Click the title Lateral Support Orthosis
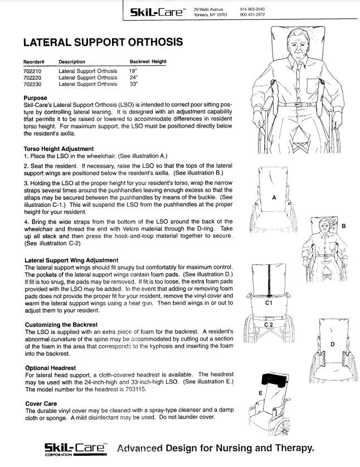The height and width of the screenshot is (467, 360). click(103, 42)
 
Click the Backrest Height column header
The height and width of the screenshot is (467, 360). click(148, 62)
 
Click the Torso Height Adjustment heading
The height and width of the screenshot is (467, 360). click(59, 149)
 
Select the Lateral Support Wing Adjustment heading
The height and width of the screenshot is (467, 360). click(71, 260)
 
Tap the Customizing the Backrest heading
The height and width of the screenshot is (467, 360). click(61, 324)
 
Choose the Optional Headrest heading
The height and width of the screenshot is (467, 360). click(51, 368)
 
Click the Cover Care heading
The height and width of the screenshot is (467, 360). click(41, 403)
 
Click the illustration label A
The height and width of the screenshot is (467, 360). click(274, 198)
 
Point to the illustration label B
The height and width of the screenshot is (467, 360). click(343, 226)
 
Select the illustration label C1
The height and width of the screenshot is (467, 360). click(269, 303)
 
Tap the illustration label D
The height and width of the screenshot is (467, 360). click(332, 345)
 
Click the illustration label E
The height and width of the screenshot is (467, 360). click(260, 393)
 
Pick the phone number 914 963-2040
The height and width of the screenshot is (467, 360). click(252, 9)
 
